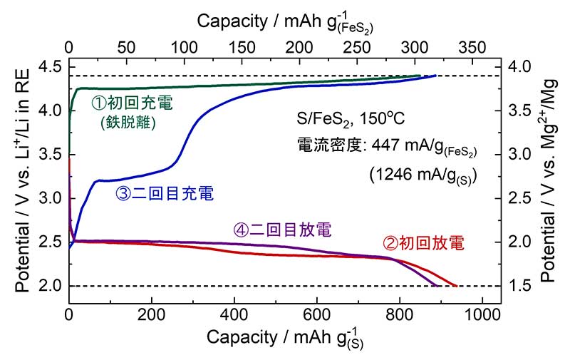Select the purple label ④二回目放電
click(284, 230)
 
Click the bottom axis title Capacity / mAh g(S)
click(284, 338)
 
